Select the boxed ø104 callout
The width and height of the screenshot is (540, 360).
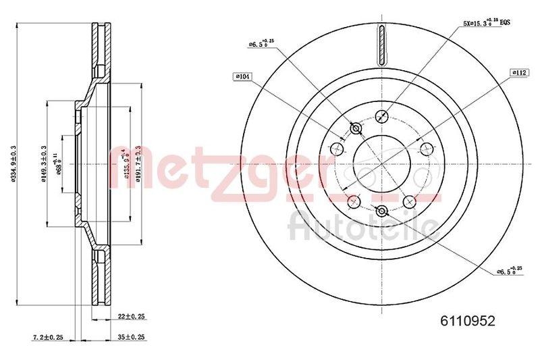(242, 76)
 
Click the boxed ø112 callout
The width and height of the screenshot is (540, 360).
(518, 72)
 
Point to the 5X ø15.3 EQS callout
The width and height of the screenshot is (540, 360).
(485, 22)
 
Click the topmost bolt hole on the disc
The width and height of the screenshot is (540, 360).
(381, 116)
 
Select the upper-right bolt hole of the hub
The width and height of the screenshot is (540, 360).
(425, 149)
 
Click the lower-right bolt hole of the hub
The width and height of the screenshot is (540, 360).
(408, 200)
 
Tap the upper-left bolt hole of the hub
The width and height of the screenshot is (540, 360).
(337, 149)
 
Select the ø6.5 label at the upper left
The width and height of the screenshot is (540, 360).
(259, 45)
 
